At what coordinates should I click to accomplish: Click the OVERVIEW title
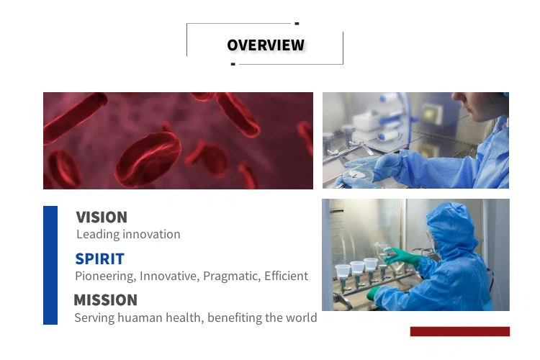(266, 45)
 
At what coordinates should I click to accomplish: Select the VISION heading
(102, 217)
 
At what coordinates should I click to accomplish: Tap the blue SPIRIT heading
(99, 259)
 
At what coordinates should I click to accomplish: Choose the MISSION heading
(105, 300)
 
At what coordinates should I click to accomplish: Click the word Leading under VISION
(98, 235)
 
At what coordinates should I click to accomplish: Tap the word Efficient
(286, 276)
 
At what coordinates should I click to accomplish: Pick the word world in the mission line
(302, 318)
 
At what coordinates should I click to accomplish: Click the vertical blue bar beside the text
(50, 265)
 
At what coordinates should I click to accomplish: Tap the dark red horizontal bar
(460, 331)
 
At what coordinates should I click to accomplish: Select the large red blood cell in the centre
(148, 159)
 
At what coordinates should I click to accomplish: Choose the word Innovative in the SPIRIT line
(169, 276)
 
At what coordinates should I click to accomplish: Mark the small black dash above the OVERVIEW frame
(297, 24)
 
